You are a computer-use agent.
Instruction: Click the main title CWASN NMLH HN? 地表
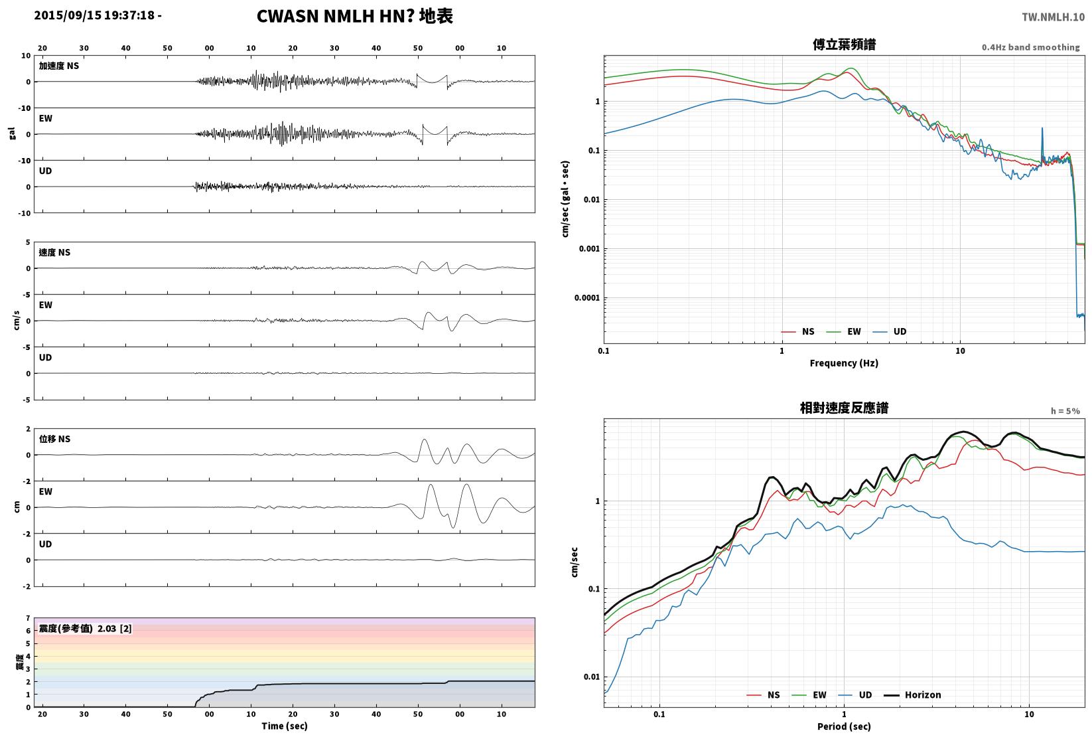click(354, 16)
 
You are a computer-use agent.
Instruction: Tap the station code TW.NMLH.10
click(1053, 17)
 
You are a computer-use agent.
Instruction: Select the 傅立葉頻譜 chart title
click(844, 44)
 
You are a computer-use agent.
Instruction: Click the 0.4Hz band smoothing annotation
click(1030, 47)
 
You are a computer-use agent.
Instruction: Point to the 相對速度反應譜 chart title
click(844, 408)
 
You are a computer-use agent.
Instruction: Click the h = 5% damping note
click(1065, 411)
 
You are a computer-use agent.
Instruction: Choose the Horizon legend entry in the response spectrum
click(913, 695)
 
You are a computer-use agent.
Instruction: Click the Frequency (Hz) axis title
click(844, 363)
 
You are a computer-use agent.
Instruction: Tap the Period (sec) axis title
click(844, 726)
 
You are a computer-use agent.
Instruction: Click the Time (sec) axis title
click(284, 726)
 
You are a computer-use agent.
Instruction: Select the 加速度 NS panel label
click(59, 66)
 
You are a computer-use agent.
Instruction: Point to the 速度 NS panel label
click(54, 252)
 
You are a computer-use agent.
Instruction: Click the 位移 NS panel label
click(54, 439)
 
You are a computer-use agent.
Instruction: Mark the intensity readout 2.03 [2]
click(115, 628)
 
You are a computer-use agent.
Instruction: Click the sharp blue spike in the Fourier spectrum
click(1042, 129)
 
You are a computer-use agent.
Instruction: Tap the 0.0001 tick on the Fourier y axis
click(587, 298)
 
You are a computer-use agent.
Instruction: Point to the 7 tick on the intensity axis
click(29, 618)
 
